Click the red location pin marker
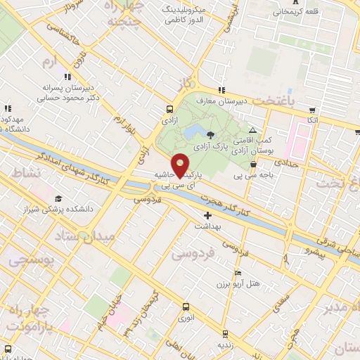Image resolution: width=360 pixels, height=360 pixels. [180, 164]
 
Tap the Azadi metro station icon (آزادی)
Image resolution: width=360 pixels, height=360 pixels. [169, 110]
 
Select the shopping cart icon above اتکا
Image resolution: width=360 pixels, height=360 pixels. [312, 110]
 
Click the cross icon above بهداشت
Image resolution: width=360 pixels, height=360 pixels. [207, 215]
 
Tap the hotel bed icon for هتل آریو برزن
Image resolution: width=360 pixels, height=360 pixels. [238, 273]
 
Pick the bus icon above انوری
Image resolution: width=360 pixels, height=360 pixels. [186, 307]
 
